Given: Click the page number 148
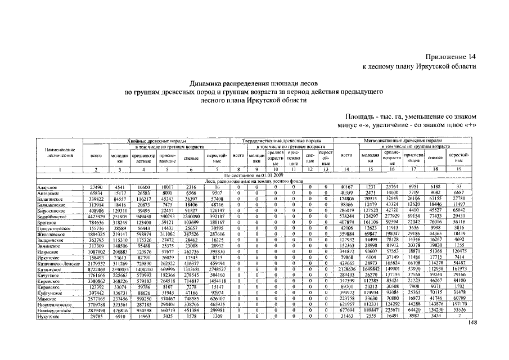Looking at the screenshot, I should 471,322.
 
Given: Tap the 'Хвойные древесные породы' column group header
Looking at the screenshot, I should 159,141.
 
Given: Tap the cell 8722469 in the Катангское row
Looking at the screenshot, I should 96,269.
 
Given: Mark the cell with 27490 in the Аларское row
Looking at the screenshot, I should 96,187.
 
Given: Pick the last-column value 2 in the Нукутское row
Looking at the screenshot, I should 459,317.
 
